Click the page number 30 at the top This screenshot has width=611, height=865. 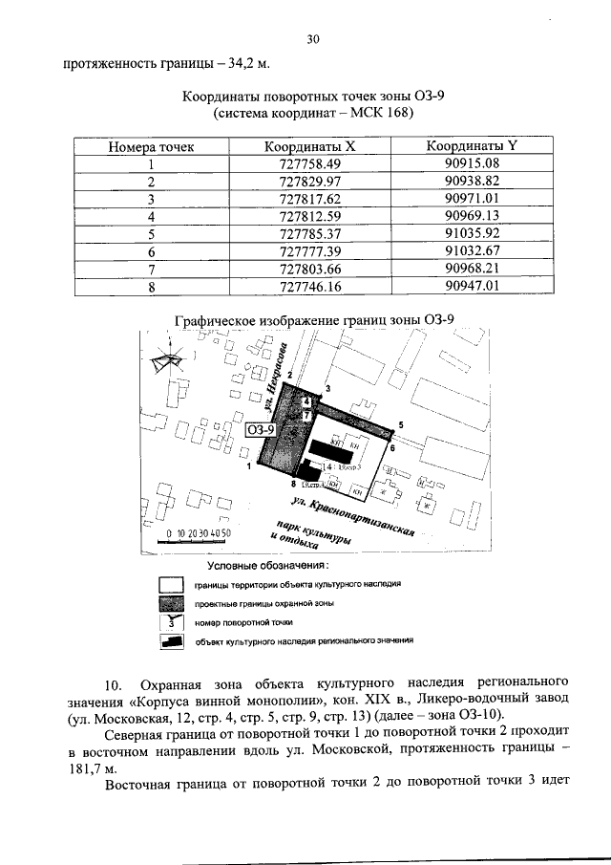pos(312,39)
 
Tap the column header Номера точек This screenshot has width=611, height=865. pos(151,147)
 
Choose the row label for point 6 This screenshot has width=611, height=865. pos(151,250)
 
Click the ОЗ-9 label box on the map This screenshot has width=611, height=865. pos(261,431)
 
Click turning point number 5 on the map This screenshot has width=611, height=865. pos(401,423)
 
